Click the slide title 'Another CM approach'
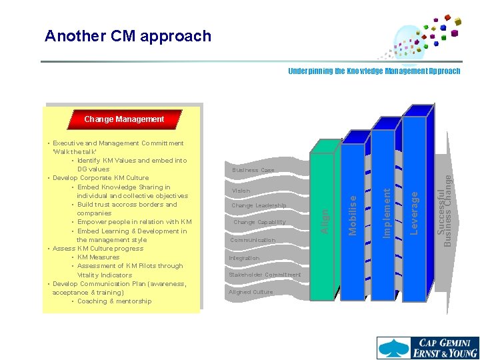pyautogui.click(x=128, y=36)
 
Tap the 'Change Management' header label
pyautogui.click(x=124, y=119)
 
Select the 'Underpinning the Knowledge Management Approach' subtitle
pyautogui.click(x=373, y=71)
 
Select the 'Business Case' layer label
pyautogui.click(x=253, y=171)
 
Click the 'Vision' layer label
pyautogui.click(x=241, y=191)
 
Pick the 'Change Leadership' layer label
pyautogui.click(x=259, y=206)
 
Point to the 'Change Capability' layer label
pyautogui.click(x=259, y=223)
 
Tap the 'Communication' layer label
pyautogui.click(x=253, y=240)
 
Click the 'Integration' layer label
pyautogui.click(x=244, y=258)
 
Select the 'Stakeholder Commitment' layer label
pyautogui.click(x=265, y=275)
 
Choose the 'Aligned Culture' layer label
pyautogui.click(x=251, y=292)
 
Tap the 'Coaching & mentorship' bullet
pyautogui.click(x=115, y=301)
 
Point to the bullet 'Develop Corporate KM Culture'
pyautogui.click(x=101, y=178)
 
